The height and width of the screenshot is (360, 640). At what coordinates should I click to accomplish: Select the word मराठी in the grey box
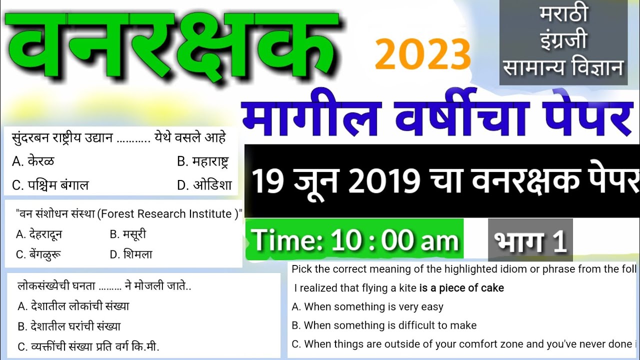(x=563, y=14)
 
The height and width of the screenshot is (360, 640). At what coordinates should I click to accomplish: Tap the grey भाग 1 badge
(x=530, y=240)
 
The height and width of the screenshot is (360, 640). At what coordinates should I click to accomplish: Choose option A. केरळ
(x=33, y=161)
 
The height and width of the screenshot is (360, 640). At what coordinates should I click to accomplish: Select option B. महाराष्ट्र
(x=203, y=161)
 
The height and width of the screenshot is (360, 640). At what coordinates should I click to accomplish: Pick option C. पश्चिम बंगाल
(x=50, y=185)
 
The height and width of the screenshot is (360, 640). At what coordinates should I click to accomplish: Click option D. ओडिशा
(x=205, y=185)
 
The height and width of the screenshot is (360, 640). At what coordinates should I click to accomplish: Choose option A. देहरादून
(x=39, y=234)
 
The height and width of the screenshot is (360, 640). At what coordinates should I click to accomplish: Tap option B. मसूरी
(x=128, y=234)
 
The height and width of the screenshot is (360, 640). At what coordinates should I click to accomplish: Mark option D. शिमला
(x=131, y=254)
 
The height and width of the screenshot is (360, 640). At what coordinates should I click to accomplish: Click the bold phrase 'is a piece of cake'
(x=461, y=288)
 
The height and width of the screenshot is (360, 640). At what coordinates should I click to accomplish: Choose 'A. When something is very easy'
(x=367, y=306)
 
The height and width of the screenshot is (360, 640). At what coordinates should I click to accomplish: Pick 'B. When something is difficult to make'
(x=384, y=325)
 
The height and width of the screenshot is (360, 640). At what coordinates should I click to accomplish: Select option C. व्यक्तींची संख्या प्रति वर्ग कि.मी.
(x=88, y=346)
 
